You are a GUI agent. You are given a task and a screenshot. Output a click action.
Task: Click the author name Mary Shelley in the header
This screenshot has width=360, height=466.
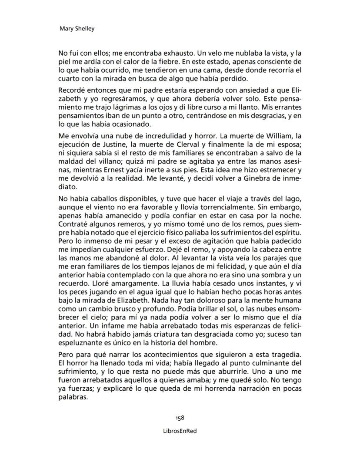click(77, 29)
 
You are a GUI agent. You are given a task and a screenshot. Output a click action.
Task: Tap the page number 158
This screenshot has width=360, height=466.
click(180, 418)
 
